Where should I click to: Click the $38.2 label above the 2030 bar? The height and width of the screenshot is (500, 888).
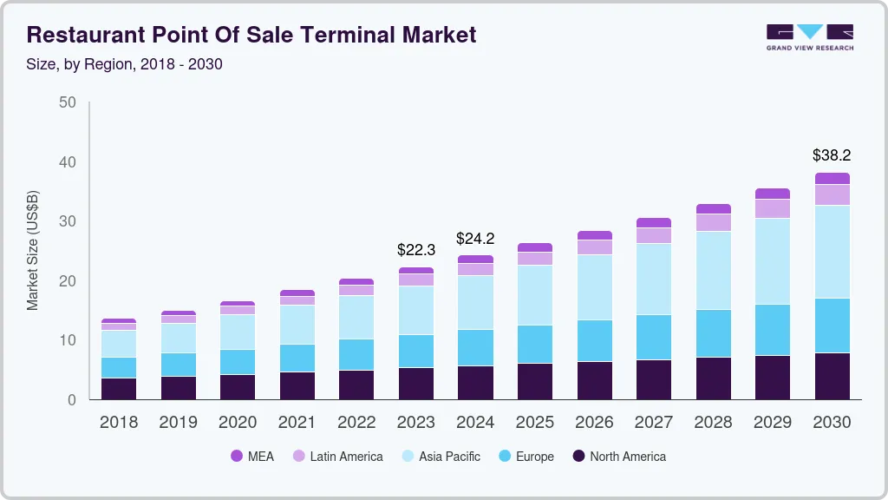[832, 155]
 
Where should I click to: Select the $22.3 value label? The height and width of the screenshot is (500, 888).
[416, 250]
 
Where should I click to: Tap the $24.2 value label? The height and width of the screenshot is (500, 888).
[475, 237]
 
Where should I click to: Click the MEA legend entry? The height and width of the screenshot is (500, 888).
[252, 456]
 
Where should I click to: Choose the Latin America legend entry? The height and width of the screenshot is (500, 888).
[337, 456]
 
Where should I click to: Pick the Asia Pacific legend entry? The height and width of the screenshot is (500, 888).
[441, 456]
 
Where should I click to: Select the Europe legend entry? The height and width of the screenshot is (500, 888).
[526, 456]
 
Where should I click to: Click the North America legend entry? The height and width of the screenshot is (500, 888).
[619, 456]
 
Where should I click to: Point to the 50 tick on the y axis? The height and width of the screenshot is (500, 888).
[68, 102]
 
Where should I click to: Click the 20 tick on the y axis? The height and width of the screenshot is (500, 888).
[68, 281]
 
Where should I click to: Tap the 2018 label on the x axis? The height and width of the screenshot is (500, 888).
[119, 423]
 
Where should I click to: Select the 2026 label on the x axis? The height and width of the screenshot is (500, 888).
[594, 423]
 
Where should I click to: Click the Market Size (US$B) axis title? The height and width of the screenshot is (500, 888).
[33, 250]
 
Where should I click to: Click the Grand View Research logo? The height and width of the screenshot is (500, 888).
[810, 36]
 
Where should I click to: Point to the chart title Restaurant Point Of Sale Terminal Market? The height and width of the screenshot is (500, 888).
[251, 35]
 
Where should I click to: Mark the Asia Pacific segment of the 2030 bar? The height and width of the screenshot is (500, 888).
[832, 252]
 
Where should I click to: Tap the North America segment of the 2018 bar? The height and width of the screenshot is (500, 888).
[119, 389]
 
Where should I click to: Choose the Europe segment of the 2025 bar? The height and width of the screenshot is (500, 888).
[535, 344]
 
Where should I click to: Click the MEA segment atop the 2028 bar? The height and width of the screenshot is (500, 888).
[713, 208]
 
